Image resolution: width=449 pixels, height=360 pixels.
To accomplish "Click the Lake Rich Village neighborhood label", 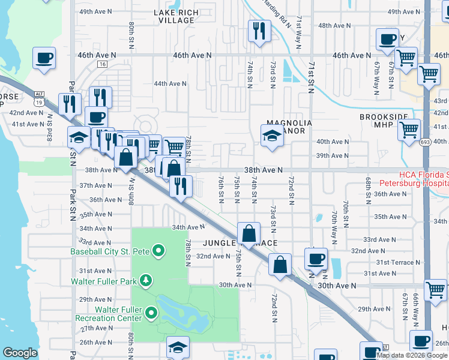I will tap(174, 16).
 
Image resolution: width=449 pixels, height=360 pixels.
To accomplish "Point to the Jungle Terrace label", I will tap(240, 243).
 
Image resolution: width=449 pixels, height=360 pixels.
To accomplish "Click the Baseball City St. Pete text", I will tap(111, 250).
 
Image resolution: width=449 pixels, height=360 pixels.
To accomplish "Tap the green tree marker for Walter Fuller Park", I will tap(145, 280).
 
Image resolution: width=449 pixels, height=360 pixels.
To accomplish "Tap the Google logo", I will tap(20, 353).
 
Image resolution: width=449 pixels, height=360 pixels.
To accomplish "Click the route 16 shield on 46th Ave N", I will tap(102, 64).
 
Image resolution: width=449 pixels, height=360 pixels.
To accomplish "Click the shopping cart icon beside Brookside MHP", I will tap(409, 128).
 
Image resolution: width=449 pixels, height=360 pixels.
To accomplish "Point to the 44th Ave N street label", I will tap(169, 84).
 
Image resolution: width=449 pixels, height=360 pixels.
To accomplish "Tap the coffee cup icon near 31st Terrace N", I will tap(316, 259).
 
